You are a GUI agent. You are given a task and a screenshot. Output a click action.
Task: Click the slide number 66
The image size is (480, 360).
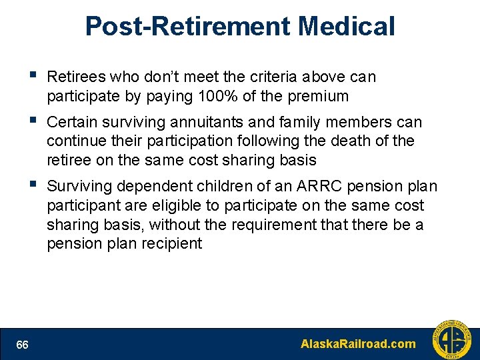23,345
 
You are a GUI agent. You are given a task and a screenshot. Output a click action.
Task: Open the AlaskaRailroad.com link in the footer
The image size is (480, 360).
358,345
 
